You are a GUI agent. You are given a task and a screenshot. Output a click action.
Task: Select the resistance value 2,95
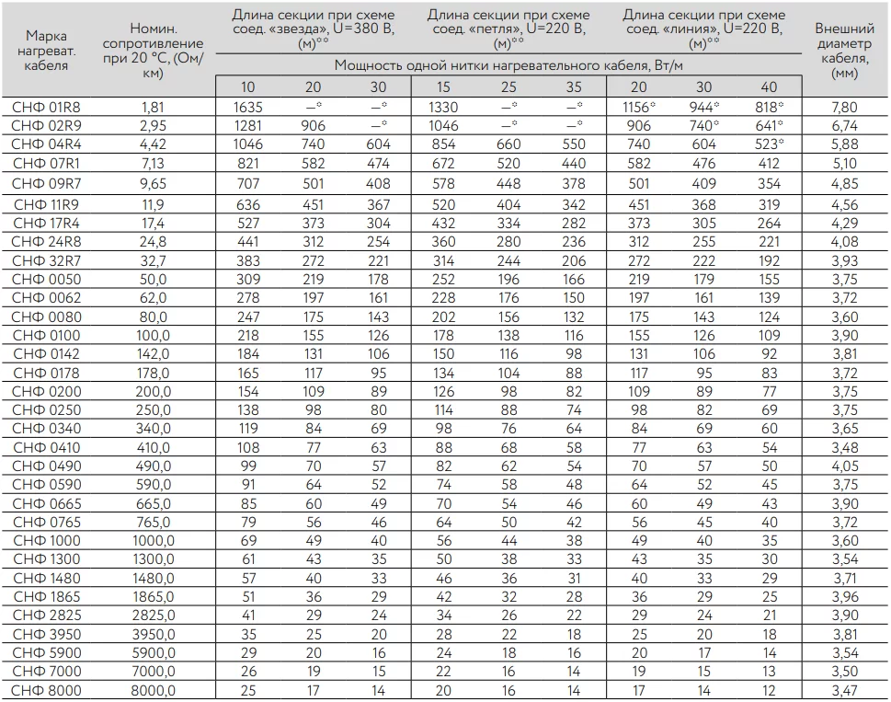153,126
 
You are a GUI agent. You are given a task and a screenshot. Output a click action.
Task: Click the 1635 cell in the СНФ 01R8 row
248,108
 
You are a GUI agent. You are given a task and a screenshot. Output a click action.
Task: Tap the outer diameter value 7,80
843,108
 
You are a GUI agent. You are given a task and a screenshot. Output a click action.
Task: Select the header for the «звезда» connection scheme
313,29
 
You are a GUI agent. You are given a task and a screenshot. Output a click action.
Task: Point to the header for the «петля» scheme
508,29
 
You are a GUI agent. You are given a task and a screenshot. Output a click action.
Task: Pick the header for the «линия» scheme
704,29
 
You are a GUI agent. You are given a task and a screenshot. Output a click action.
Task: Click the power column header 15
443,87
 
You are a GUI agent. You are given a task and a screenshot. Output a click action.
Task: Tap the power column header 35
574,87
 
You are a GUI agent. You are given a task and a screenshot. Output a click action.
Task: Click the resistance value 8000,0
153,691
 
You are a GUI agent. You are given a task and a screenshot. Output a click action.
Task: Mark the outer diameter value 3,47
843,691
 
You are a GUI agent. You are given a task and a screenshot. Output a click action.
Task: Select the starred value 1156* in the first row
641,108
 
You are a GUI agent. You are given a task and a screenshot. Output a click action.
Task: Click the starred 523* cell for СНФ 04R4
771,144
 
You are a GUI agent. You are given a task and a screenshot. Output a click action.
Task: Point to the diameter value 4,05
843,466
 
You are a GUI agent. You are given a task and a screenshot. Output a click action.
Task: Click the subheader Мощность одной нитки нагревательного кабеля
508,66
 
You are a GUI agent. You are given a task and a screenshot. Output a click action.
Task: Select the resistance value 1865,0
153,597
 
